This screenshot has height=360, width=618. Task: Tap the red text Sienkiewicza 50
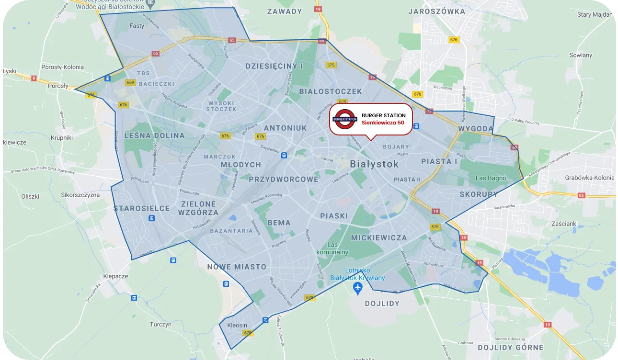pyautogui.click(x=383, y=123)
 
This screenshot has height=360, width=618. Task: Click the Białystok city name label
pyautogui.click(x=374, y=164)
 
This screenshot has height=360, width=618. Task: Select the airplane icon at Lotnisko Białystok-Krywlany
pyautogui.click(x=357, y=287)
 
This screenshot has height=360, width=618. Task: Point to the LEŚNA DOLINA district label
pyautogui.click(x=154, y=135)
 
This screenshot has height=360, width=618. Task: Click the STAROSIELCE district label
pyautogui.click(x=141, y=208)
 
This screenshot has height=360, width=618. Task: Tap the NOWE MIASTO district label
pyautogui.click(x=237, y=267)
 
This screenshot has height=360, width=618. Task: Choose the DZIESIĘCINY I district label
pyautogui.click(x=274, y=66)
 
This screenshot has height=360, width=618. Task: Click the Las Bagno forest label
pyautogui.click(x=491, y=178)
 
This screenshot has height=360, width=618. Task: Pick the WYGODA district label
pyautogui.click(x=475, y=129)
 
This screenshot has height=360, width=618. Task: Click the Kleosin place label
pyautogui.click(x=237, y=326)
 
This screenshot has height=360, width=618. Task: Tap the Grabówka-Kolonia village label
pyautogui.click(x=589, y=178)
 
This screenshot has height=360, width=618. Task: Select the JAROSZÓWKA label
pyautogui.click(x=436, y=11)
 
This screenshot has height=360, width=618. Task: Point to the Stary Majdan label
pyautogui.click(x=595, y=14)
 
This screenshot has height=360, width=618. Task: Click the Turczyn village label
pyautogui.click(x=160, y=324)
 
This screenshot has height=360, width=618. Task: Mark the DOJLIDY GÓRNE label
pyautogui.click(x=511, y=348)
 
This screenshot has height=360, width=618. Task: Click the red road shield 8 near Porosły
pyautogui.click(x=34, y=78)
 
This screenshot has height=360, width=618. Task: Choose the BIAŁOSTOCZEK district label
pyautogui.click(x=330, y=91)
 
